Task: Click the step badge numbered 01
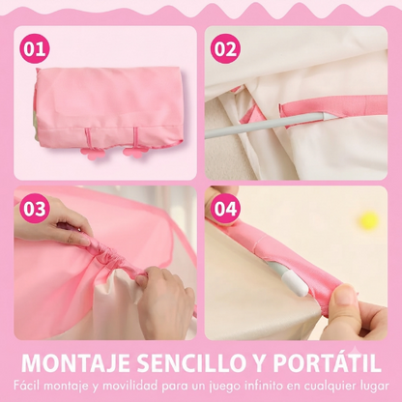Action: [35, 49]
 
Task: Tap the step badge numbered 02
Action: [226, 49]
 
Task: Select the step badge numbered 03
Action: [35, 209]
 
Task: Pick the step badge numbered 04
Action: [226, 209]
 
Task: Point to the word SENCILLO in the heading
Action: [190, 363]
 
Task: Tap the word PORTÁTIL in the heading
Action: [328, 361]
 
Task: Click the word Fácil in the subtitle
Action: [27, 386]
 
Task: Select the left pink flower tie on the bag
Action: [93, 152]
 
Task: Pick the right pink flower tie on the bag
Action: [132, 152]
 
